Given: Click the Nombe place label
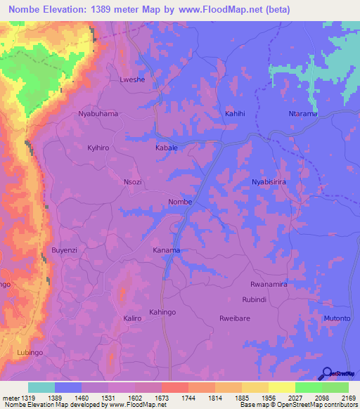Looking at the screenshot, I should [x=180, y=202].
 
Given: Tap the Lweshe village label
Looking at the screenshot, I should [x=134, y=80].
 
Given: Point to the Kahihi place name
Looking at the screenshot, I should [x=236, y=113].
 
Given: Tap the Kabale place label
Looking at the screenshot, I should [x=167, y=148].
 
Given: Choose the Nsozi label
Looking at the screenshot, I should [x=133, y=181].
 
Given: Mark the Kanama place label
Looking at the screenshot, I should [x=167, y=250].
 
